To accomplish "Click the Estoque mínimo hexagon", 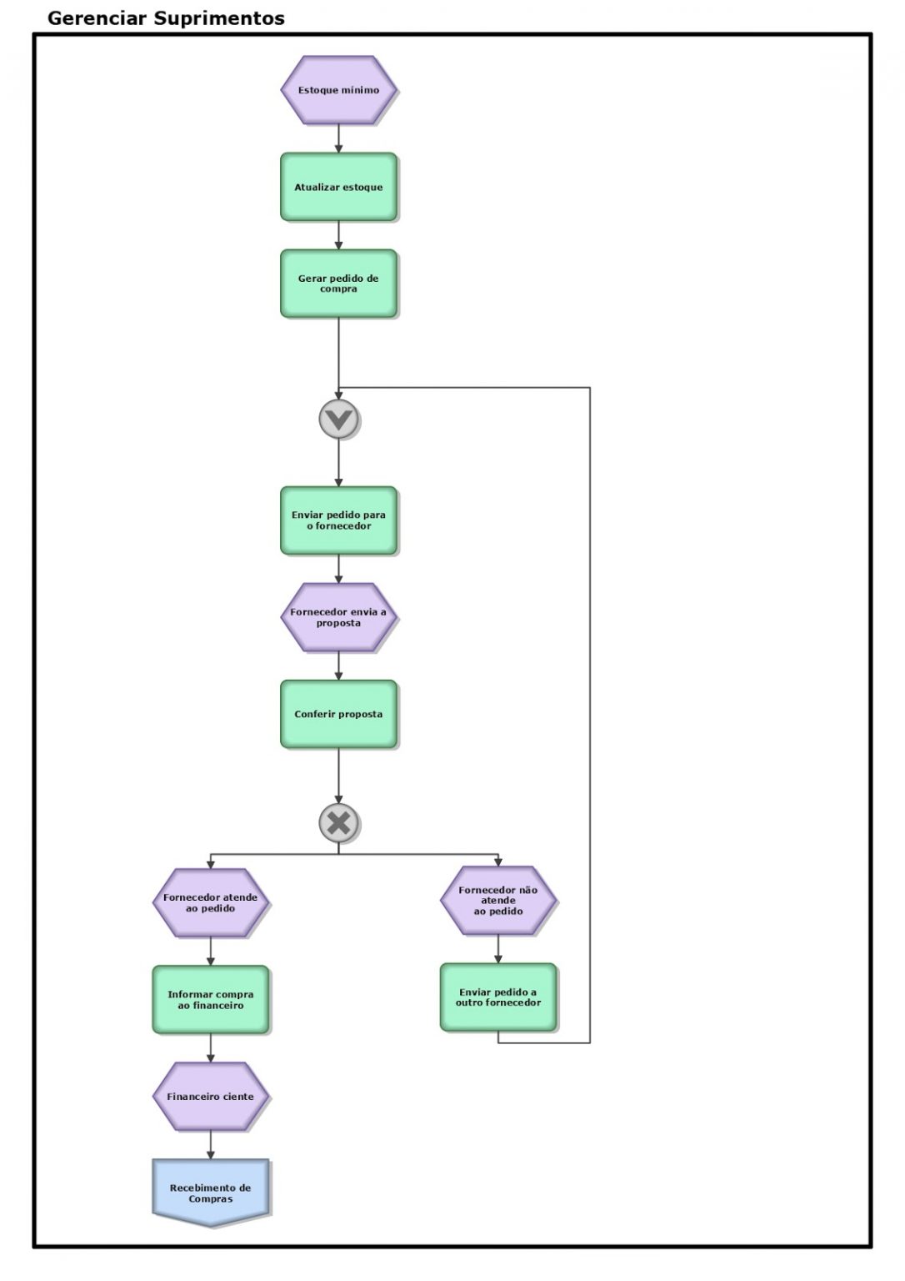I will [x=338, y=90].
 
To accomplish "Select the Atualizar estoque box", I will [x=338, y=187].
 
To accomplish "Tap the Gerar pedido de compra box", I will [x=338, y=284].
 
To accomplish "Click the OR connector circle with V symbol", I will [x=338, y=419].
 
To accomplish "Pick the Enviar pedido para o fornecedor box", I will [x=338, y=520].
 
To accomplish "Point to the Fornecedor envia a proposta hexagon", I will [x=338, y=617].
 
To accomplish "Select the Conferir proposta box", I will [x=338, y=714].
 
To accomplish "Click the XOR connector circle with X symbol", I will [x=338, y=823].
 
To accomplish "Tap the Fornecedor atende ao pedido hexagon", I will [x=210, y=902].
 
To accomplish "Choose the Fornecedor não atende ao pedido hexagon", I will [x=498, y=901].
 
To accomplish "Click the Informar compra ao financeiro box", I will [x=210, y=1000].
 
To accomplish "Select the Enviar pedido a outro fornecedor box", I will [x=498, y=997].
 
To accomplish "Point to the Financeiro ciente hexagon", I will [x=210, y=1097].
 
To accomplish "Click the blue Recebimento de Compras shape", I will [x=210, y=1192].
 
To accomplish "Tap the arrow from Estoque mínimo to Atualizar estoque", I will [x=338, y=138].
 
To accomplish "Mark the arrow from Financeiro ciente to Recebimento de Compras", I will [x=210, y=1145].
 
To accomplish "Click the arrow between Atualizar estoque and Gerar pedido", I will [x=338, y=235].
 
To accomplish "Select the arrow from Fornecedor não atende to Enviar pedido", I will [x=498, y=949].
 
